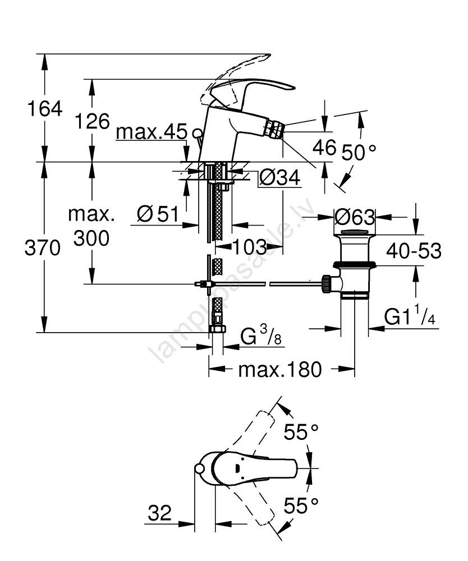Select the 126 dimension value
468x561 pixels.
(x=93, y=121)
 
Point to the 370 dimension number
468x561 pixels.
(x=42, y=247)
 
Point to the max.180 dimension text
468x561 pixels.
(x=280, y=369)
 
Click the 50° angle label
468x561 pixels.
(x=357, y=152)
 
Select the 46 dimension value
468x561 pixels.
(x=324, y=148)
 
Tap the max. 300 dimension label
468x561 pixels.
(x=91, y=227)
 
